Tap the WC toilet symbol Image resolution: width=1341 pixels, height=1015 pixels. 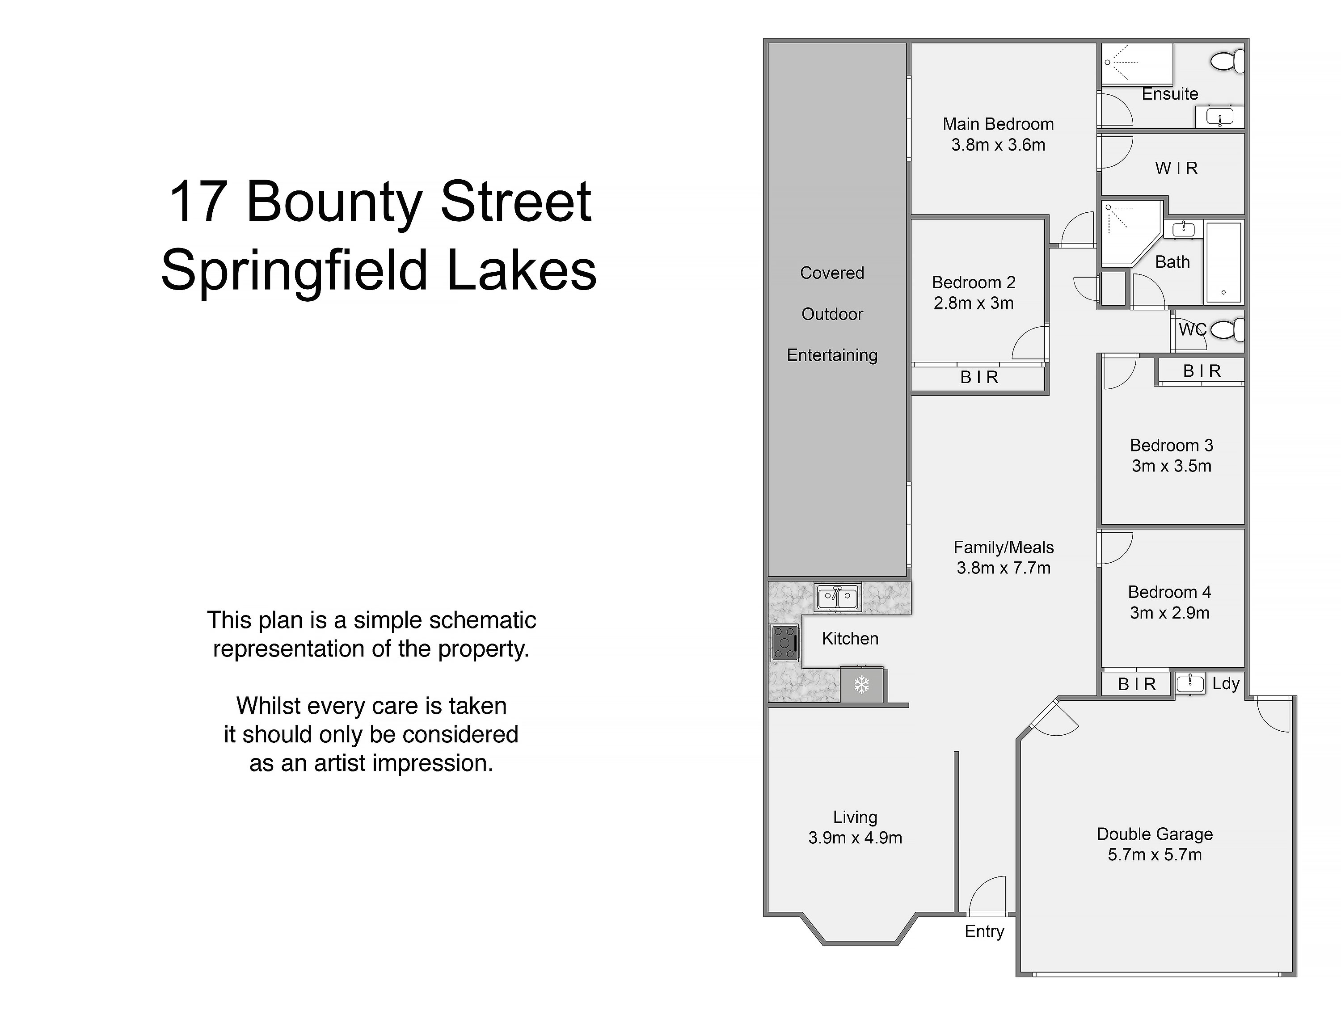pyautogui.click(x=1227, y=330)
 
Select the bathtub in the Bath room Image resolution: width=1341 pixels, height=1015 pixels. pyautogui.click(x=1223, y=262)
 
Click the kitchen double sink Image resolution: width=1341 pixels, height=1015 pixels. pyautogui.click(x=837, y=597)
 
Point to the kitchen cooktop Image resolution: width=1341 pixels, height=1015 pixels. pyautogui.click(x=785, y=643)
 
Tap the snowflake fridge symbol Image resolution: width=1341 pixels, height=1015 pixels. pyautogui.click(x=861, y=685)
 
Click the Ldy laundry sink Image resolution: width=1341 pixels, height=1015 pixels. pyautogui.click(x=1190, y=683)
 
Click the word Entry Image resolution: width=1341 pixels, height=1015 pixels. pyautogui.click(x=985, y=931)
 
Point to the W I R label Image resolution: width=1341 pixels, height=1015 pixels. pyautogui.click(x=1177, y=168)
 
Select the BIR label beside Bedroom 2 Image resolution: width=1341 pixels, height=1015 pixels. pyautogui.click(x=979, y=377)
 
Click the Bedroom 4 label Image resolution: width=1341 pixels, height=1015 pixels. pyautogui.click(x=1169, y=592)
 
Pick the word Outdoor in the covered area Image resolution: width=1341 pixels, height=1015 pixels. pyautogui.click(x=832, y=314)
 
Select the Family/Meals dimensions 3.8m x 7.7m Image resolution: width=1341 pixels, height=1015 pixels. pyautogui.click(x=1004, y=568)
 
